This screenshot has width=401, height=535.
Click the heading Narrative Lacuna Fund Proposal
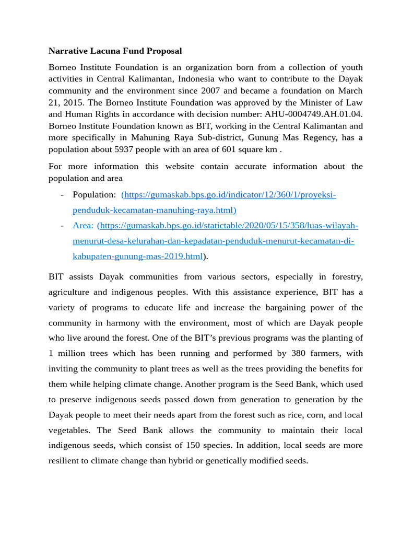pyautogui.click(x=115, y=51)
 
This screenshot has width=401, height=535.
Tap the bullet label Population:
pyautogui.click(x=95, y=195)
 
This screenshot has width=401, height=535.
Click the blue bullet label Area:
pyautogui.click(x=83, y=226)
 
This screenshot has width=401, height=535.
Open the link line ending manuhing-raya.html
pyautogui.click(x=155, y=211)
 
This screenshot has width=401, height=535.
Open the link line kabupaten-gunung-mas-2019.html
pyautogui.click(x=137, y=257)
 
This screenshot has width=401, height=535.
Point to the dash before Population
pyautogui.click(x=62, y=195)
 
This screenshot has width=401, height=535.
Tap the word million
pyautogui.click(x=71, y=354)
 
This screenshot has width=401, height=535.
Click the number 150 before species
pyautogui.click(x=193, y=446)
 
